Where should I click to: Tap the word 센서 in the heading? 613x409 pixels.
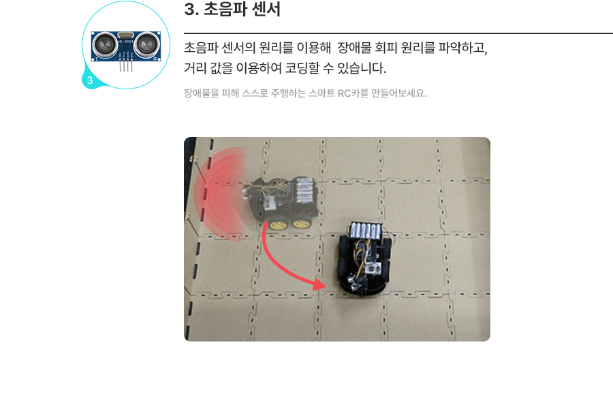pyautogui.click(x=266, y=9)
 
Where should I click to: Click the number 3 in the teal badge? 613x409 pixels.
pyautogui.click(x=90, y=80)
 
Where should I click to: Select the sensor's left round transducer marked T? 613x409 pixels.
pyautogui.click(x=104, y=44)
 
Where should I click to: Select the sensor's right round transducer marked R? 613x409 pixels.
pyautogui.click(x=147, y=44)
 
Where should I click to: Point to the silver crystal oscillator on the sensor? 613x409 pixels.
pyautogui.click(x=125, y=35)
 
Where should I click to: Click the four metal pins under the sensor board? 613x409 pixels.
pyautogui.click(x=126, y=66)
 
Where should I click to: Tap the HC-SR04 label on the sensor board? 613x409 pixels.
pyautogui.click(x=126, y=41)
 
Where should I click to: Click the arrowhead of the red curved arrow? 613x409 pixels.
pyautogui.click(x=320, y=284)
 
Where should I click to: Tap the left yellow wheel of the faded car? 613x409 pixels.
pyautogui.click(x=278, y=225)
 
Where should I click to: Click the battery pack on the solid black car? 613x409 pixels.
pyautogui.click(x=366, y=231)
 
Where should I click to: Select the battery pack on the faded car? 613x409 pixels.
pyautogui.click(x=304, y=191)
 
